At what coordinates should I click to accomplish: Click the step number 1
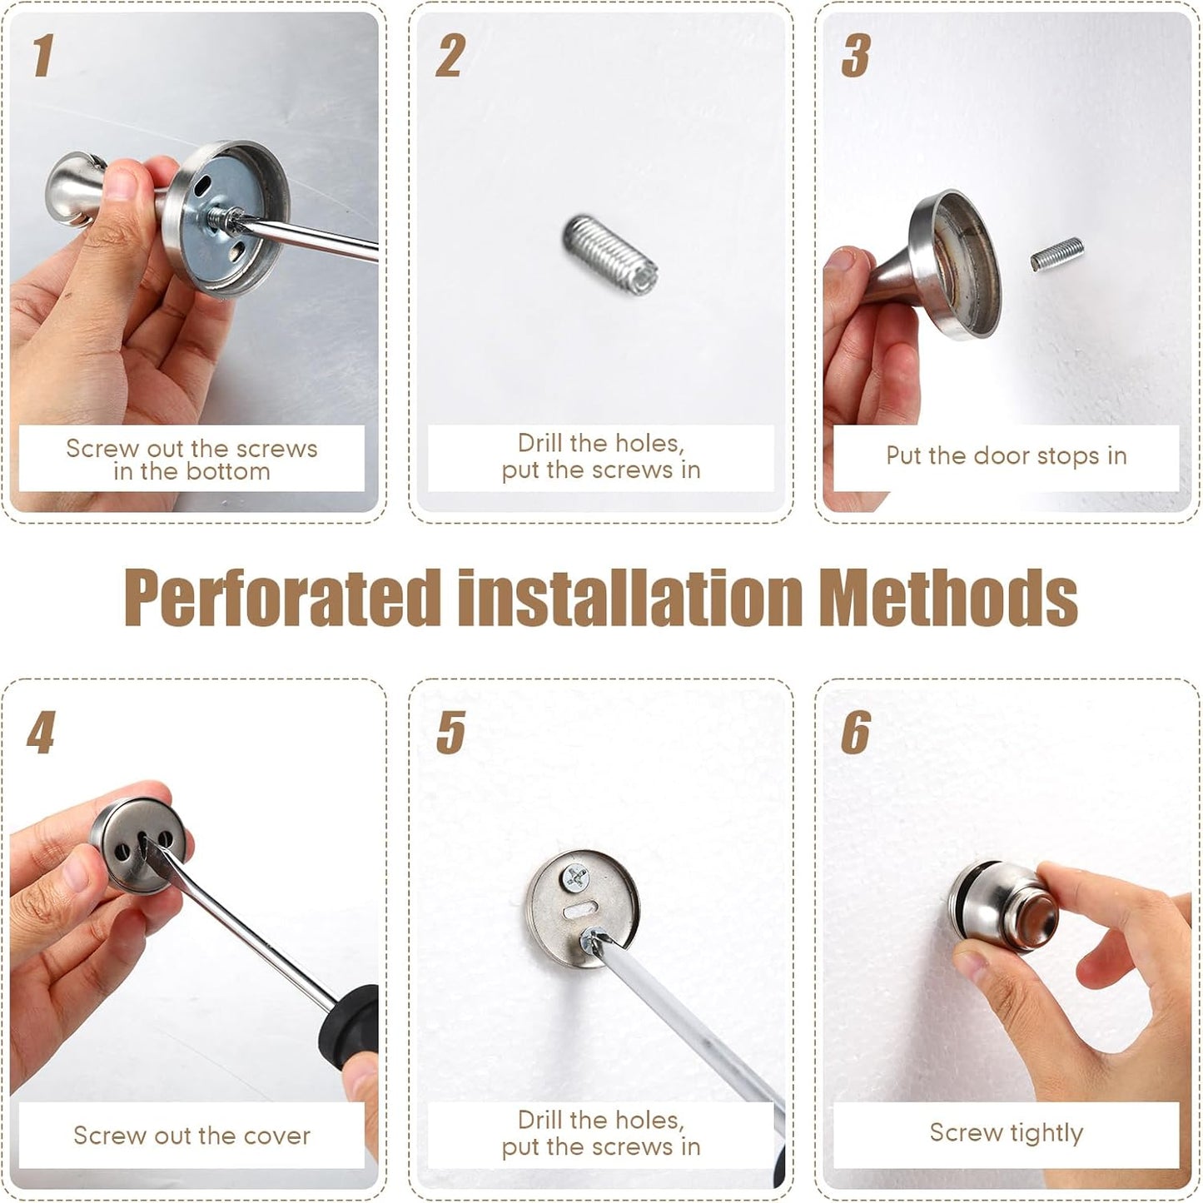coord(42,56)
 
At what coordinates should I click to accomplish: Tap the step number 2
coord(450,56)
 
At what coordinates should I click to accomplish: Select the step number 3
coord(856,56)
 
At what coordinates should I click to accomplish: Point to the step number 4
coord(41,733)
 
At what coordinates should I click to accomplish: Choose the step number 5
coord(450,733)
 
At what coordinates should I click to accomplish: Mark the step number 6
coord(856,733)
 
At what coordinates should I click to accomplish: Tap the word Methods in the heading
coord(948,598)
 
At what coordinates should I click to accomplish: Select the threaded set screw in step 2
coord(610,254)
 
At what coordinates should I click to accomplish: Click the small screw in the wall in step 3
coord(1057,254)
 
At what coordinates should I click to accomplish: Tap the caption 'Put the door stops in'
coord(1006,456)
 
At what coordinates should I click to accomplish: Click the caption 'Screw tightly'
coord(1006,1133)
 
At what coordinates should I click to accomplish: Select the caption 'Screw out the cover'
coord(191,1136)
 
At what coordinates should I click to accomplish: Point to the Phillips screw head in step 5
coord(575,877)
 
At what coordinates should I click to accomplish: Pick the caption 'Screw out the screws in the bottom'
coord(191,460)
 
